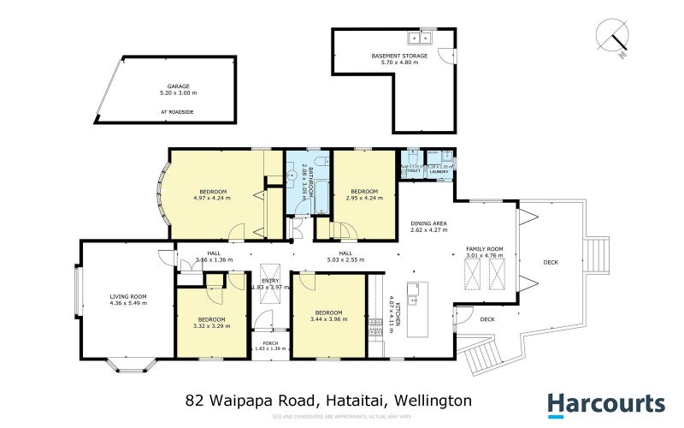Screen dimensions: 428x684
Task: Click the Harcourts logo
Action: (605, 404)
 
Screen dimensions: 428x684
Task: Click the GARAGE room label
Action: (178, 86)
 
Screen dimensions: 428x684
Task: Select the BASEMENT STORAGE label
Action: (399, 56)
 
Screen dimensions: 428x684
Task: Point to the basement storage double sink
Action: (421, 37)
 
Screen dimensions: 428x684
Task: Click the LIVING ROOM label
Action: (128, 296)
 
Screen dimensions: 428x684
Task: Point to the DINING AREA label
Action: (428, 223)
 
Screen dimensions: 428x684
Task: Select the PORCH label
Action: (271, 343)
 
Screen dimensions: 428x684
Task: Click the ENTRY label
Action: (270, 281)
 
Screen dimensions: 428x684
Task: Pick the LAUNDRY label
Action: (439, 171)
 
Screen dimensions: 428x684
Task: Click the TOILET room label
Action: (414, 171)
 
